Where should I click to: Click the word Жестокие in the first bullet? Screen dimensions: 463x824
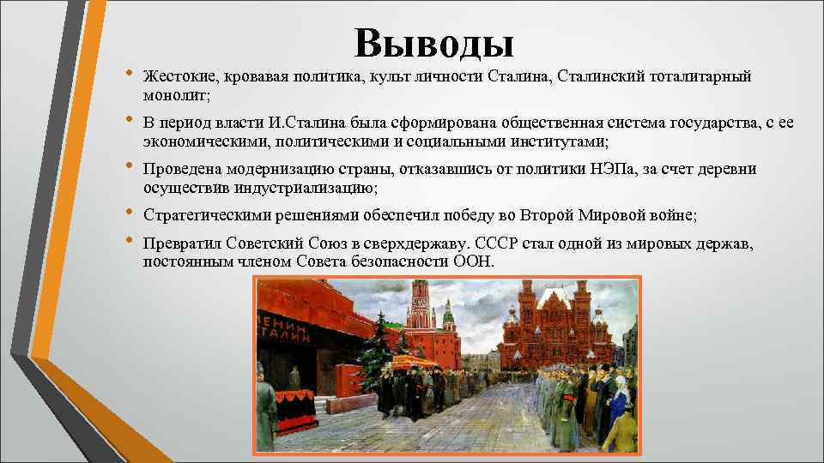click(x=178, y=78)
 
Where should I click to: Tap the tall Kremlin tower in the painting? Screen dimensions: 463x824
click(x=420, y=317)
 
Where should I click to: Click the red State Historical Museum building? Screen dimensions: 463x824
click(x=554, y=326)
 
